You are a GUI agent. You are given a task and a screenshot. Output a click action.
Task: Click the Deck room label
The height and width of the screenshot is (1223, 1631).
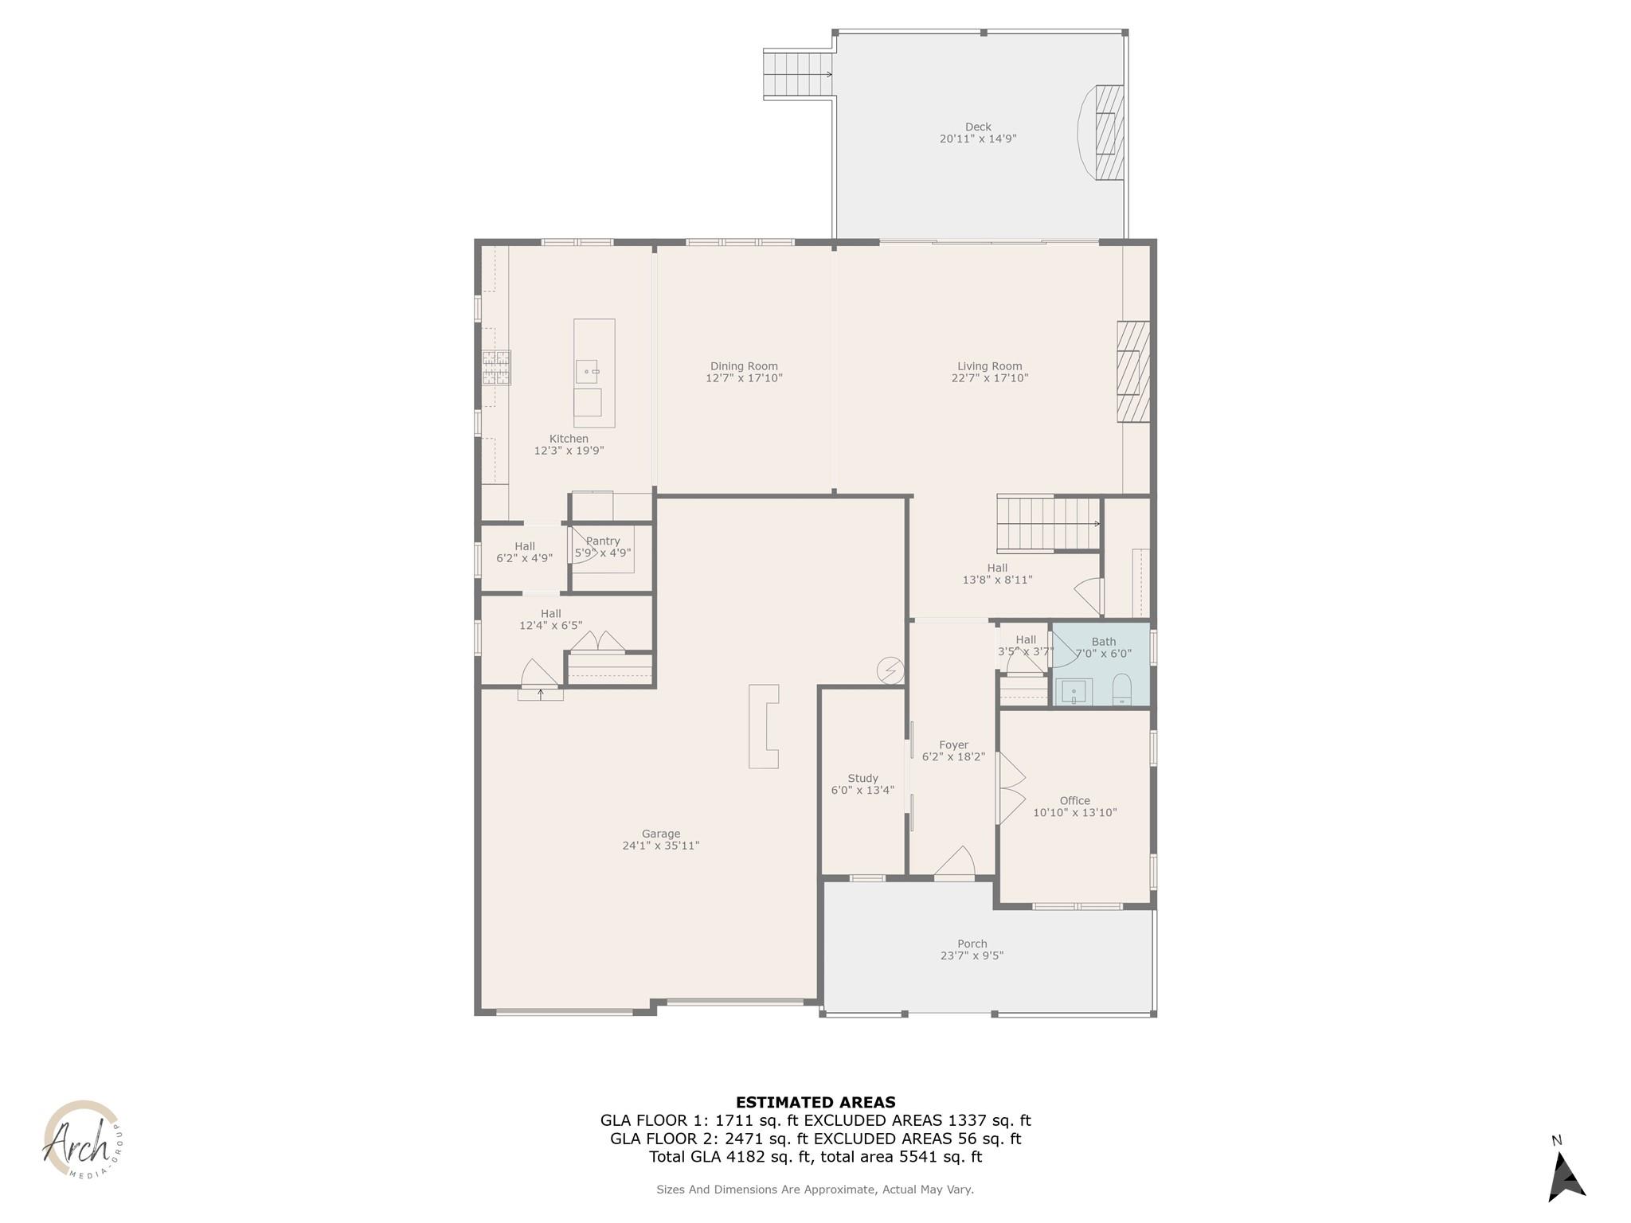pos(978,127)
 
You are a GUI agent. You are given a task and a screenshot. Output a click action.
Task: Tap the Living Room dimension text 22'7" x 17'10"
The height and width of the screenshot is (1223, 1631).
pos(990,378)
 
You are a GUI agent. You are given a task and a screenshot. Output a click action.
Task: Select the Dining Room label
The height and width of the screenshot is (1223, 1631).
pos(744,366)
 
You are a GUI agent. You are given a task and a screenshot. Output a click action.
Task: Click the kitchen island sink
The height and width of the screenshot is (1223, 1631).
pos(587,371)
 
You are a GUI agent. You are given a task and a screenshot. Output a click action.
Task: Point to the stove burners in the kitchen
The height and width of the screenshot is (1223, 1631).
pos(496,368)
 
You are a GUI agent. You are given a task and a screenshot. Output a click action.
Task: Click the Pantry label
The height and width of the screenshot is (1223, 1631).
pos(603,541)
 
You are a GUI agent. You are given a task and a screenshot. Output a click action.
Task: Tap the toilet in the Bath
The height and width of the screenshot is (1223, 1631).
pos(1121,690)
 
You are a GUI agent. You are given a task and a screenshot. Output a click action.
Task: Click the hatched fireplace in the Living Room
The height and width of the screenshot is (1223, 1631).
pos(1133,372)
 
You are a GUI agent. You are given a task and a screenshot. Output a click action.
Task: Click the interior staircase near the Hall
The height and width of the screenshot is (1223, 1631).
pos(1048,524)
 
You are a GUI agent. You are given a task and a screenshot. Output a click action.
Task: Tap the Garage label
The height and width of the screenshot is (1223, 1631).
pos(661,834)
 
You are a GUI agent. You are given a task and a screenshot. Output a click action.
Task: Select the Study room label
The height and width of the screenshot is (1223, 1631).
pos(862,778)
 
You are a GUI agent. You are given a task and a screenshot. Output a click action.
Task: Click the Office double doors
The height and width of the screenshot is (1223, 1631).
pos(1010,788)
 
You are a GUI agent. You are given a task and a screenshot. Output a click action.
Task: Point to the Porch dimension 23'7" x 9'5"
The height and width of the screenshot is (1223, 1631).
pos(972,955)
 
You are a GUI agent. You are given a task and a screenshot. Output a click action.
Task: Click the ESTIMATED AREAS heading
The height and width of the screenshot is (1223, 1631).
pos(815,1103)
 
